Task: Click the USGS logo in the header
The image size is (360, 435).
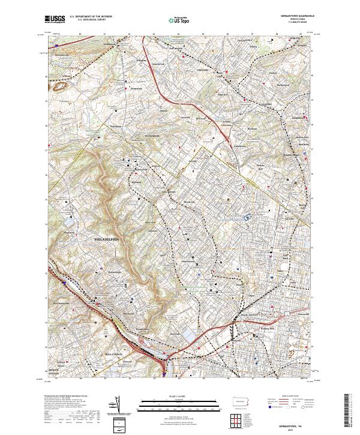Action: pyautogui.click(x=55, y=20)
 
